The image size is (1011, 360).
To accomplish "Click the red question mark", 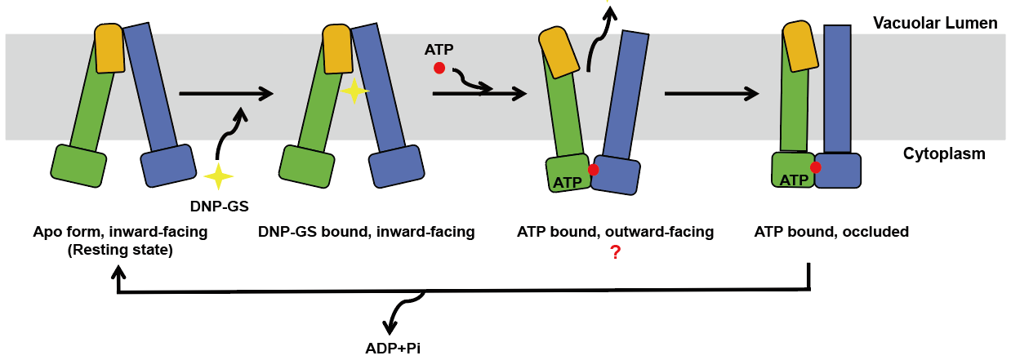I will [x=616, y=254].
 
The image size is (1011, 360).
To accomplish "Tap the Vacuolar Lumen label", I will [x=935, y=23].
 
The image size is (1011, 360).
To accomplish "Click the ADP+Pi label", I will [x=393, y=348].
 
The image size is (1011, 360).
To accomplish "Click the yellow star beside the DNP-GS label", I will [x=218, y=176].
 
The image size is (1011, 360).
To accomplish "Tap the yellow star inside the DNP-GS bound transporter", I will [x=354, y=91].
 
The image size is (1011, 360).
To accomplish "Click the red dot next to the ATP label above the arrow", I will [x=439, y=69].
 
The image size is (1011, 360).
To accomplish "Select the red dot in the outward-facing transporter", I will [x=593, y=170].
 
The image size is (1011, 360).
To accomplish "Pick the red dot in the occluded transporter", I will [x=815, y=167].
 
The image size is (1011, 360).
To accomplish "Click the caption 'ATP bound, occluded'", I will [x=831, y=232].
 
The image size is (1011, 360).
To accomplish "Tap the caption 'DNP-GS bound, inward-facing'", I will [x=366, y=232].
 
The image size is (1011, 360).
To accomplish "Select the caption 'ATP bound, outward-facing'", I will [x=615, y=232].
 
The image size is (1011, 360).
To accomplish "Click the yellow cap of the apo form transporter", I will [x=109, y=49].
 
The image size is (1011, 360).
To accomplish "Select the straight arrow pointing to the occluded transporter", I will [x=711, y=94].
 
